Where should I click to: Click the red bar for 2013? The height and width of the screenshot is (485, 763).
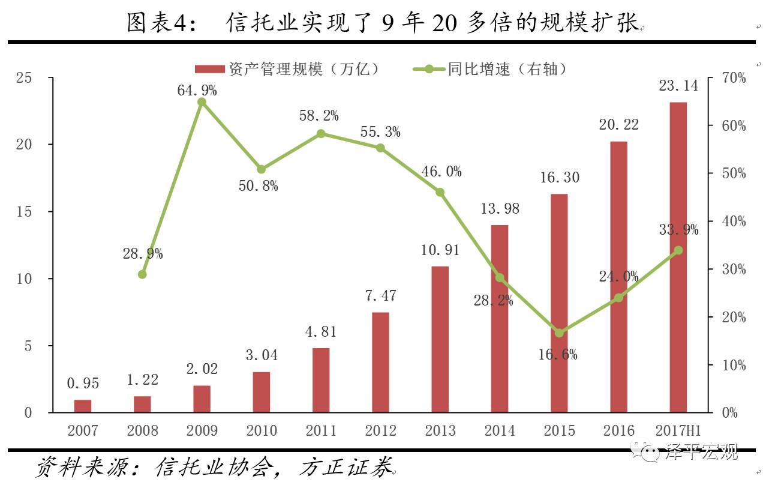coord(440,339)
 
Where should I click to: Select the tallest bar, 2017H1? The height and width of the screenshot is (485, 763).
coord(678,258)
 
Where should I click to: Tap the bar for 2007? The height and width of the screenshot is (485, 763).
coord(83,406)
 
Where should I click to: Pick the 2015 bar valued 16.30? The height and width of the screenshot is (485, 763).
coord(559,303)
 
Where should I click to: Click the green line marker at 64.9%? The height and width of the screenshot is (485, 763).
coord(202,102)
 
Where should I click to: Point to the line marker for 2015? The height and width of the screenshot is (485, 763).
coord(559,333)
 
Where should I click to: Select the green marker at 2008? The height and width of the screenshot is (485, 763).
coord(142,274)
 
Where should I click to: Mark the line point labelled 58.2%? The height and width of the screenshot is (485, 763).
coord(321,134)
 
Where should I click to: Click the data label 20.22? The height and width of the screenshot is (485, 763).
coord(618,125)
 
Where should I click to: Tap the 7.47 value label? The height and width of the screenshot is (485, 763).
coord(380,296)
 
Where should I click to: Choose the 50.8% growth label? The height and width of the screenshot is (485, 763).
coord(259,186)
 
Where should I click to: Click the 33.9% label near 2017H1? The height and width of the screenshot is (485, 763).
coord(678,229)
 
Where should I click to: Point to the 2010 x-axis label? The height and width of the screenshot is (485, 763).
coord(262,431)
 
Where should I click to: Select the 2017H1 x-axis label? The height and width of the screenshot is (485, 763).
coord(678,431)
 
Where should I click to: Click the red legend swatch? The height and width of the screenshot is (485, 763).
coord(210,69)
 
